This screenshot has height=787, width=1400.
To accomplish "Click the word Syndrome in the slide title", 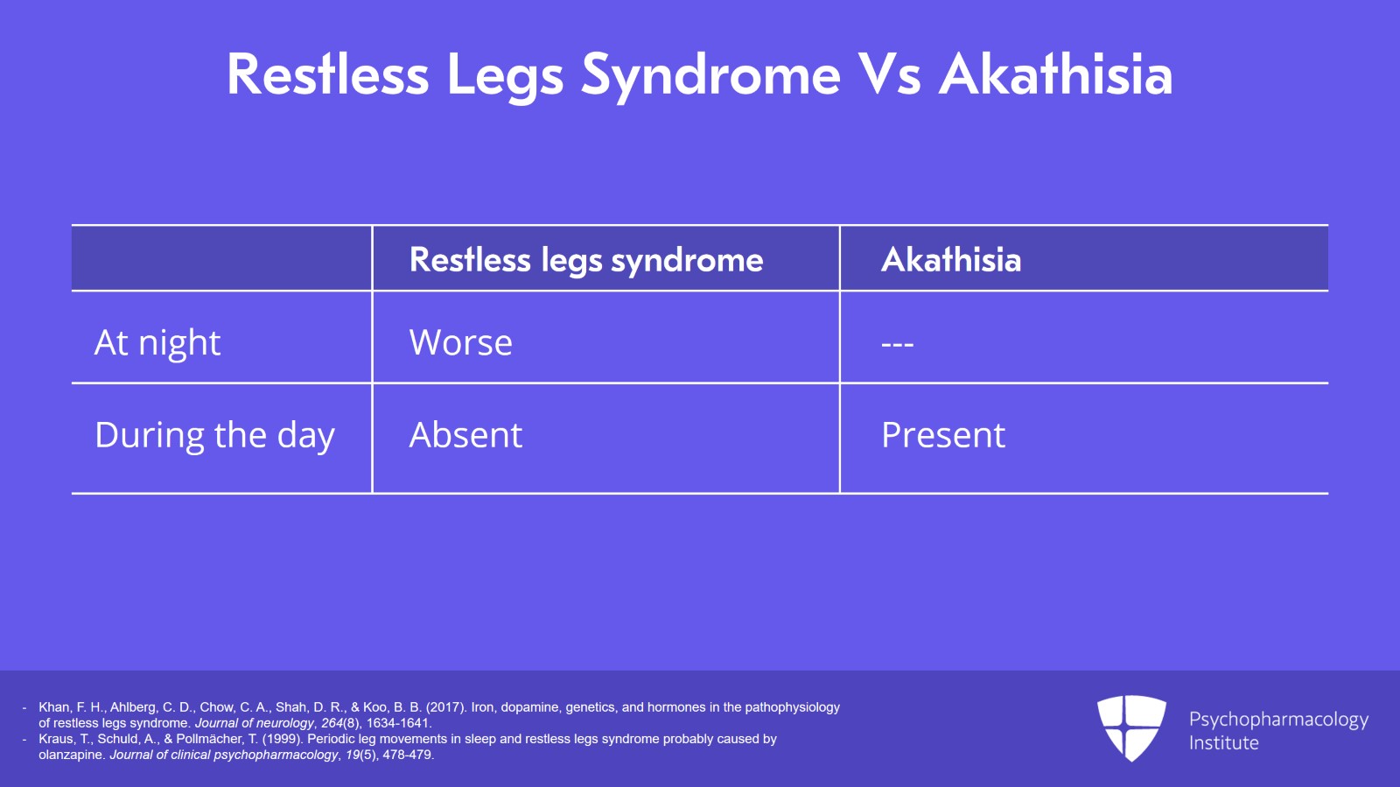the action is coord(710,76).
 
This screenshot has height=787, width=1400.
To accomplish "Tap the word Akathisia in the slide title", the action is coord(1055,74).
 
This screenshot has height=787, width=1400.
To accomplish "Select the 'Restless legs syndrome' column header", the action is coord(586,260).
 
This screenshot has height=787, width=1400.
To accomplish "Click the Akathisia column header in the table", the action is coord(950,259).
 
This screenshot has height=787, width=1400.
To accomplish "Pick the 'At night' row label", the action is coord(157,343).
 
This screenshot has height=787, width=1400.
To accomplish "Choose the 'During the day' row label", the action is coord(214,435).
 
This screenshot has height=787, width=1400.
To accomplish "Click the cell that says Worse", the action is coord(460,342).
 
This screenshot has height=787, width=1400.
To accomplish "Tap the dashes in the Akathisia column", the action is coord(897,344).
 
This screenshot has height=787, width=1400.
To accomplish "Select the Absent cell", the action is coord(465,435).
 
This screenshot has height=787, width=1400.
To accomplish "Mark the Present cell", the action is coord(943,435).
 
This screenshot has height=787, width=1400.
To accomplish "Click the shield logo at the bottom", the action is coord(1131,728).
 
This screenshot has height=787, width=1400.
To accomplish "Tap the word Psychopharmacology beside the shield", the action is coord(1278,720).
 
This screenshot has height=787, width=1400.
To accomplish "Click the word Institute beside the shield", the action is coord(1223,742).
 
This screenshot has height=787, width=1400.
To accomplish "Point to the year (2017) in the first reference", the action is coord(446,707).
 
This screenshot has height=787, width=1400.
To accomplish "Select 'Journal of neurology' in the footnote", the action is coord(254,723).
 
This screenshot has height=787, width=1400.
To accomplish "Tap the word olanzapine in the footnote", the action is coord(70,755).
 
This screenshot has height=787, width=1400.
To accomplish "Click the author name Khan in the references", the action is coord(54,707).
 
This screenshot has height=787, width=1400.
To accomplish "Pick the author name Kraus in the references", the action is coord(56,739).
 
